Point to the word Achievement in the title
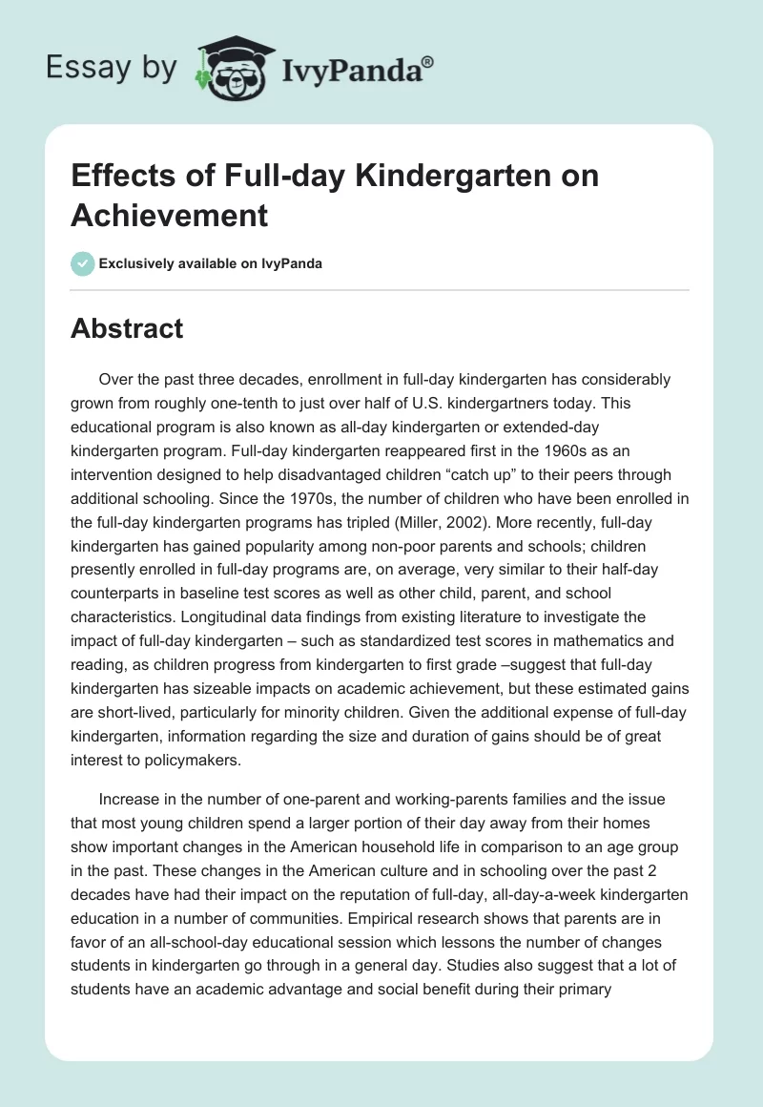tap(170, 215)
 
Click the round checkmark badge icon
tap(82, 263)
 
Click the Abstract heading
tap(127, 328)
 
